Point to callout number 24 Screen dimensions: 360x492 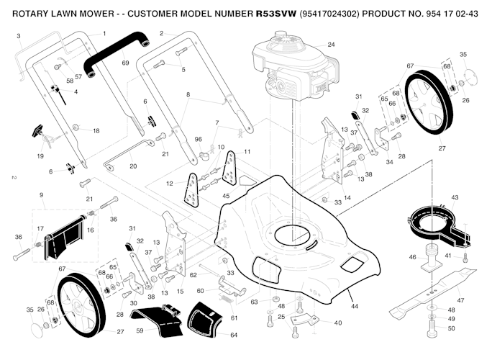331,45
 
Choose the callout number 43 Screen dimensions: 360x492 454,197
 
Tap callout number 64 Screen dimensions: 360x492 233,335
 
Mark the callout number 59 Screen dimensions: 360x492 140,330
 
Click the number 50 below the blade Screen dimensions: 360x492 451,328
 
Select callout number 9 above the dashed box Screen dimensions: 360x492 42,195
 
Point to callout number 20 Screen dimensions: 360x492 133,166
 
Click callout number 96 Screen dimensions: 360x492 198,139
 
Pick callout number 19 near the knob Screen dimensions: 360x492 40,156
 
